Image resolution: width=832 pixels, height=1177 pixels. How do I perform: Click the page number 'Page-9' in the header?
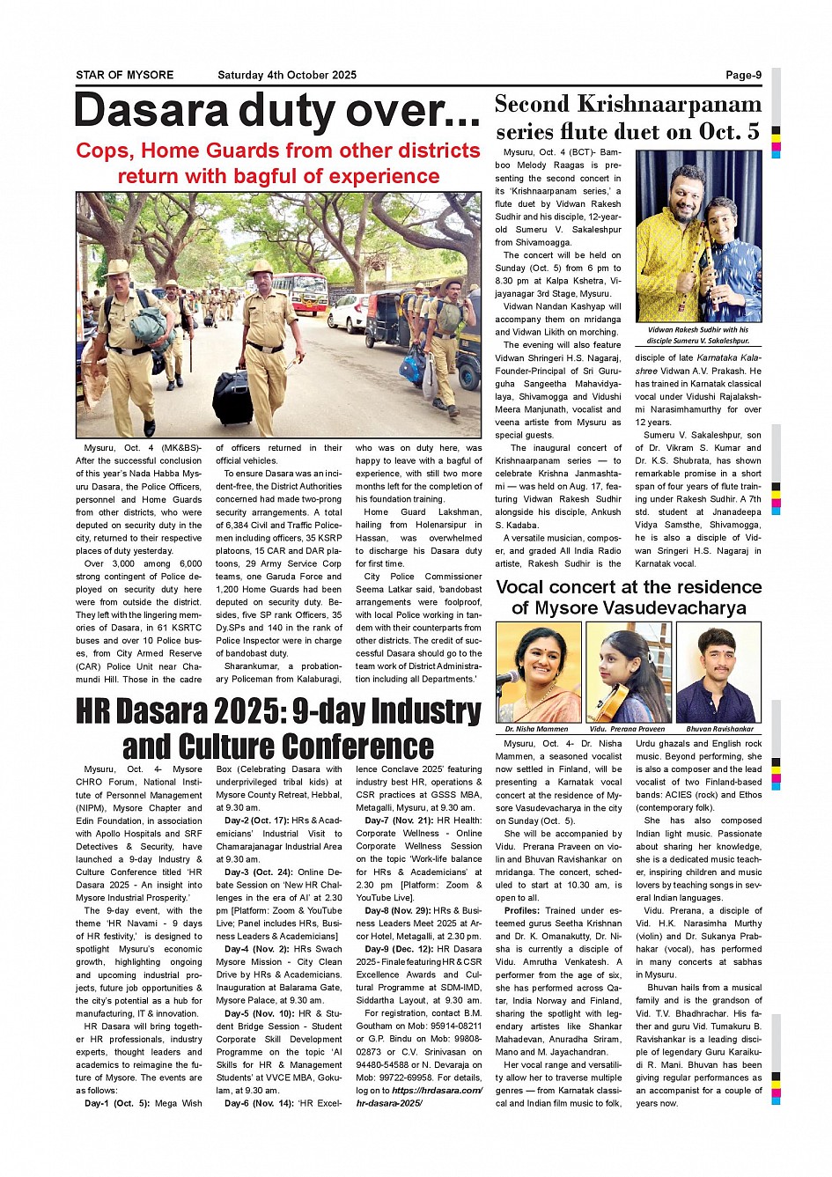(743, 75)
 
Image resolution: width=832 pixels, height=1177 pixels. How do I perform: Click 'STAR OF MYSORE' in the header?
(124, 75)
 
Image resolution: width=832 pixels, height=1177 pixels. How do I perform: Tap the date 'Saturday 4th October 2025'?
(287, 75)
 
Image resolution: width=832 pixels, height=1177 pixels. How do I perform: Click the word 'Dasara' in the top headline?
(151, 112)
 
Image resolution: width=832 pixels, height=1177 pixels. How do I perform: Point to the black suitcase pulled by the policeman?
(232, 397)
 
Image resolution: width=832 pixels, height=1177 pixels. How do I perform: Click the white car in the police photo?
(348, 313)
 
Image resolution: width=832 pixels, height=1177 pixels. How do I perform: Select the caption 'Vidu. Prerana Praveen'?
(627, 729)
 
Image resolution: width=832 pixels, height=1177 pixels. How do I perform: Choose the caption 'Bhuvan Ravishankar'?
(719, 729)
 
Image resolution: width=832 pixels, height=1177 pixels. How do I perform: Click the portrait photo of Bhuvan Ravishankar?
(718, 673)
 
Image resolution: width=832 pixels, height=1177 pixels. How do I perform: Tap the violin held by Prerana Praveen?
(614, 700)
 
